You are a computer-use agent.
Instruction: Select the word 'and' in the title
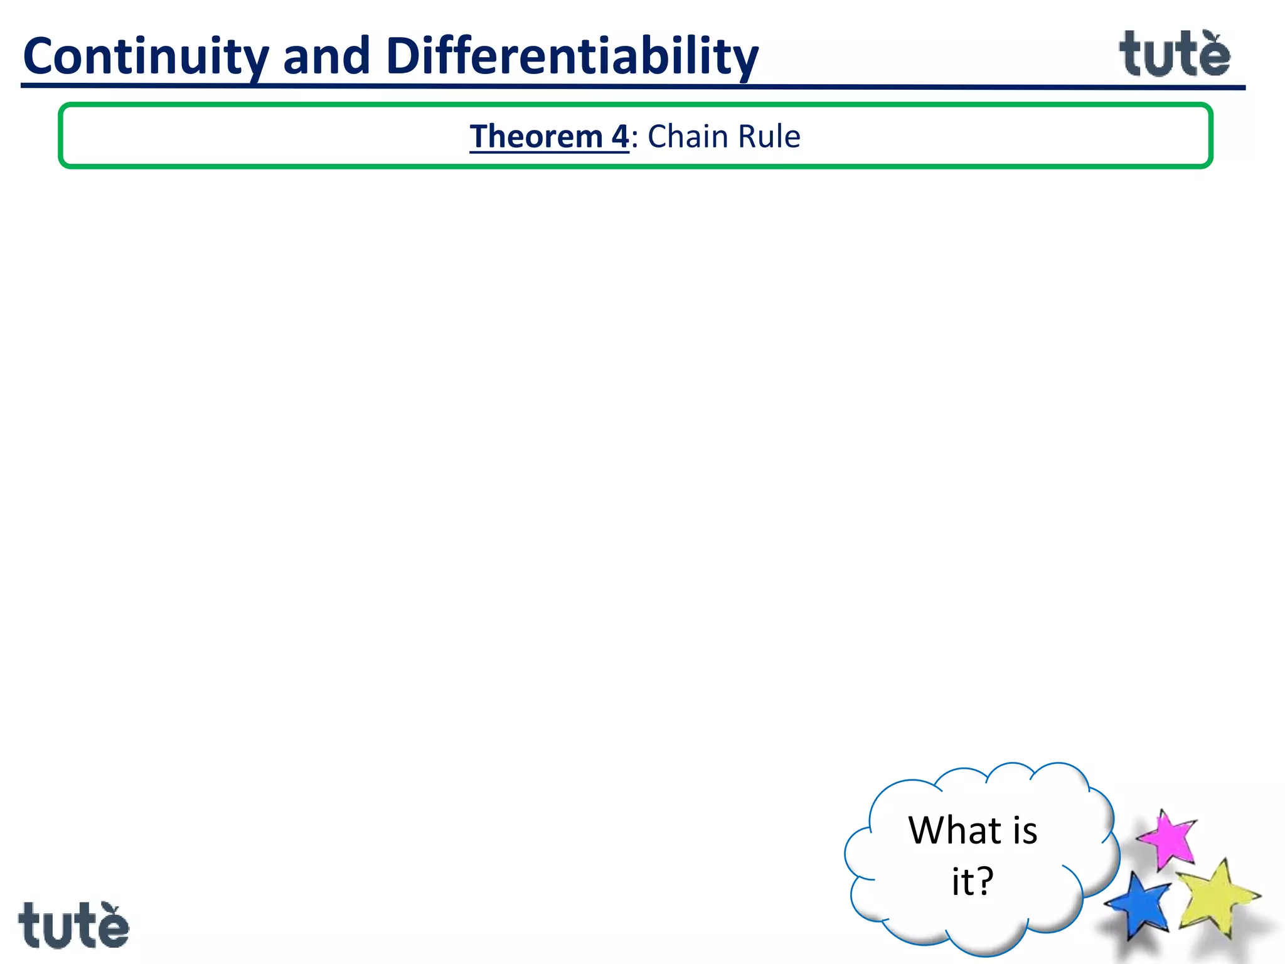(326, 56)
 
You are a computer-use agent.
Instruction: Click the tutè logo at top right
(1175, 55)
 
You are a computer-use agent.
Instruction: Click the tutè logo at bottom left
(73, 926)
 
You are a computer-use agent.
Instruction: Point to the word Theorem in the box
(536, 137)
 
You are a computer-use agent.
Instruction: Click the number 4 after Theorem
(620, 137)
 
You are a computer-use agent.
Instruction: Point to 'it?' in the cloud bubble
(973, 882)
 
